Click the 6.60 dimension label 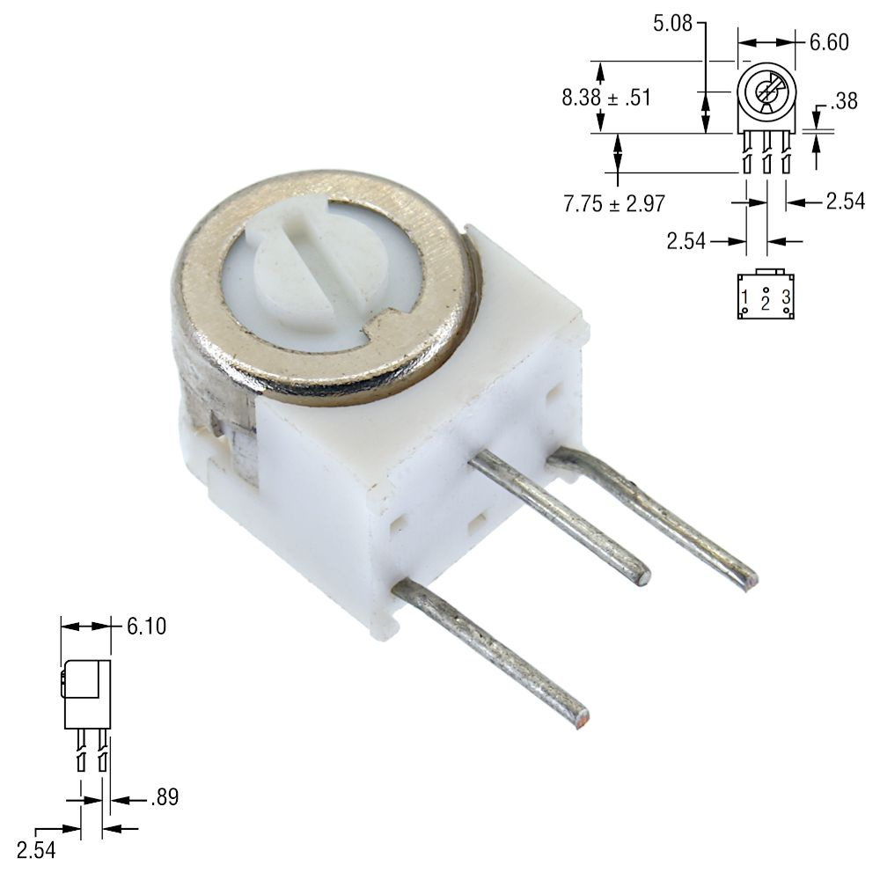830,41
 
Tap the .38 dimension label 843,101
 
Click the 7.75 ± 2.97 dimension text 613,204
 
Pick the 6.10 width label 146,627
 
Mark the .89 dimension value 165,798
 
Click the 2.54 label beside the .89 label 35,850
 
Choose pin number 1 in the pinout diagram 744,297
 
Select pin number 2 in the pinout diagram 766,304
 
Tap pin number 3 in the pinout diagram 786,297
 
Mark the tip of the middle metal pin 643,577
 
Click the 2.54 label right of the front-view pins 846,202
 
